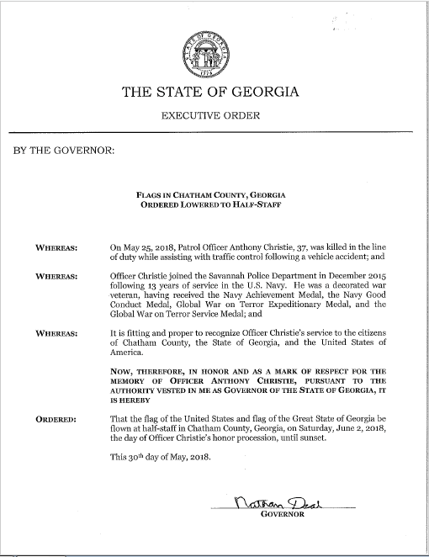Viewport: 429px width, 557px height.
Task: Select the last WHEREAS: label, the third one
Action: click(57, 333)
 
